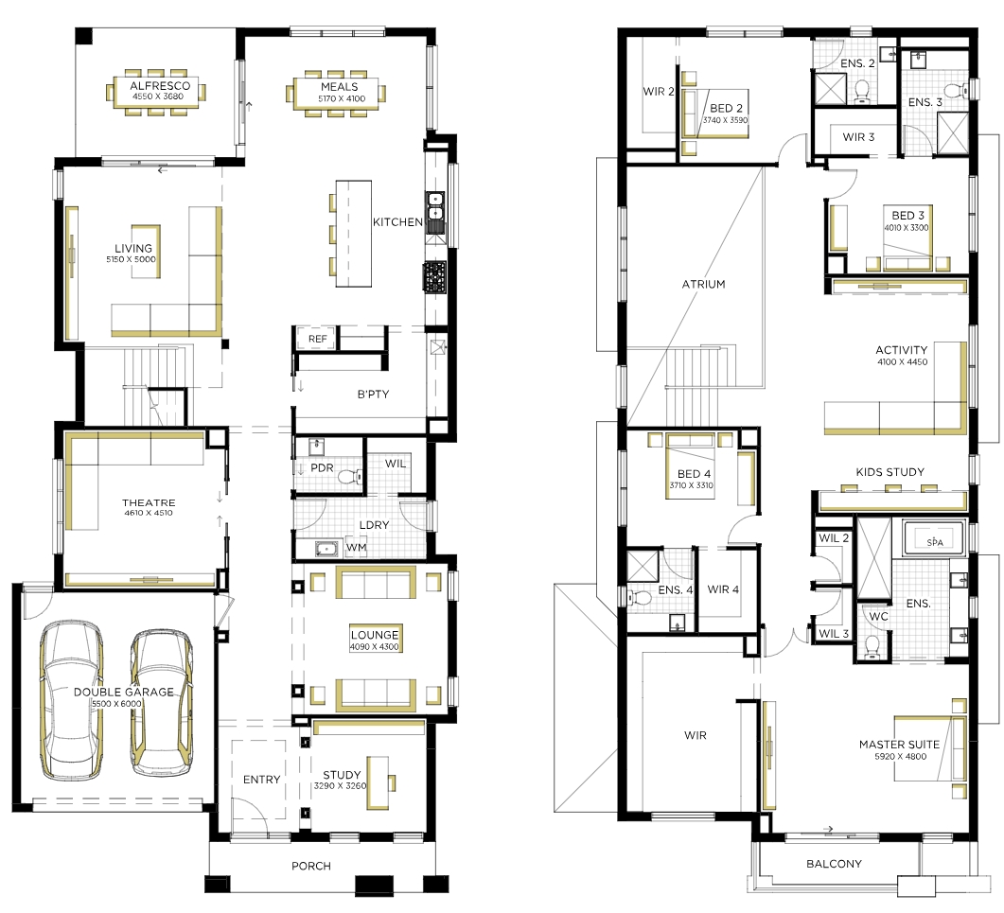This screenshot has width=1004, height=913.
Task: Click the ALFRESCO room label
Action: point(160,86)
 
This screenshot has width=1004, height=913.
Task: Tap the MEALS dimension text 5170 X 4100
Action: point(342,98)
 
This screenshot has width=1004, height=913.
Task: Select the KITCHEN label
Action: point(397,222)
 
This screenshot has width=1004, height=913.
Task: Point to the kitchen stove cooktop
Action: point(434,276)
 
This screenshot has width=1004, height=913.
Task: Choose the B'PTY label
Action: point(373,395)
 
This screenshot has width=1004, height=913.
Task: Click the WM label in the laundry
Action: point(356,548)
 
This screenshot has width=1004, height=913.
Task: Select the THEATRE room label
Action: point(149,502)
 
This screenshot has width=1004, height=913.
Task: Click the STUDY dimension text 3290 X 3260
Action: point(340,785)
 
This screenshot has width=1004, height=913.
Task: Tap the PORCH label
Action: point(311,866)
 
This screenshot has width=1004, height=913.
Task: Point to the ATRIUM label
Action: point(704,284)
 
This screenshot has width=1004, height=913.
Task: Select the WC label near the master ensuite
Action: point(878,616)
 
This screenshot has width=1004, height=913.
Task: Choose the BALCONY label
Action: point(834,864)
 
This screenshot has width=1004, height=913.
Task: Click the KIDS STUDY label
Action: point(890,472)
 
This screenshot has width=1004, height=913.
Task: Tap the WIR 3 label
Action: point(858,137)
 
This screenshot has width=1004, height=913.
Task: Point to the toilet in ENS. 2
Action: point(862,92)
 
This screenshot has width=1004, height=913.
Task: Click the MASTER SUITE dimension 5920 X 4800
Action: point(900,756)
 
